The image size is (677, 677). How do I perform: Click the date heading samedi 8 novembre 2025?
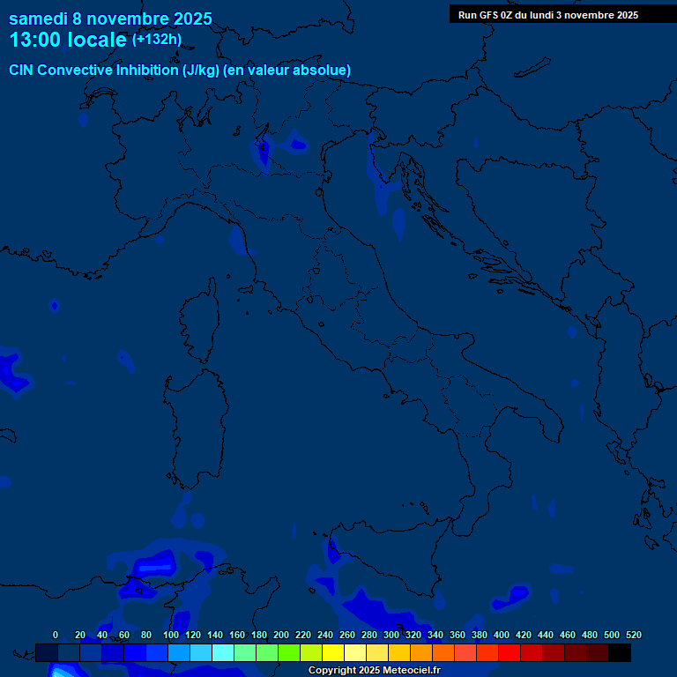(110, 19)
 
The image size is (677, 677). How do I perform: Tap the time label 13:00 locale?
(68, 41)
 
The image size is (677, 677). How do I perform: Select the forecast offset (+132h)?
(157, 40)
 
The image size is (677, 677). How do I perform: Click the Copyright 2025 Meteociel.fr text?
(374, 671)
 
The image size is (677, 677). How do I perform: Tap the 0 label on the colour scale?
(56, 635)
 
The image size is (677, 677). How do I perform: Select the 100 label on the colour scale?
(171, 635)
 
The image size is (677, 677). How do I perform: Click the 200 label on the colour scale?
(281, 635)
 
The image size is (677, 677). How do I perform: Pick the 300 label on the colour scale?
(391, 635)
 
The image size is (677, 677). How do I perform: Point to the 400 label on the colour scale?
(502, 635)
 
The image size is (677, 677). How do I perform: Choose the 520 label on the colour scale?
(633, 635)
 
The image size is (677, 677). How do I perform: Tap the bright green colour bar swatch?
(289, 652)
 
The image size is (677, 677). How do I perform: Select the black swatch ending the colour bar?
(620, 652)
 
